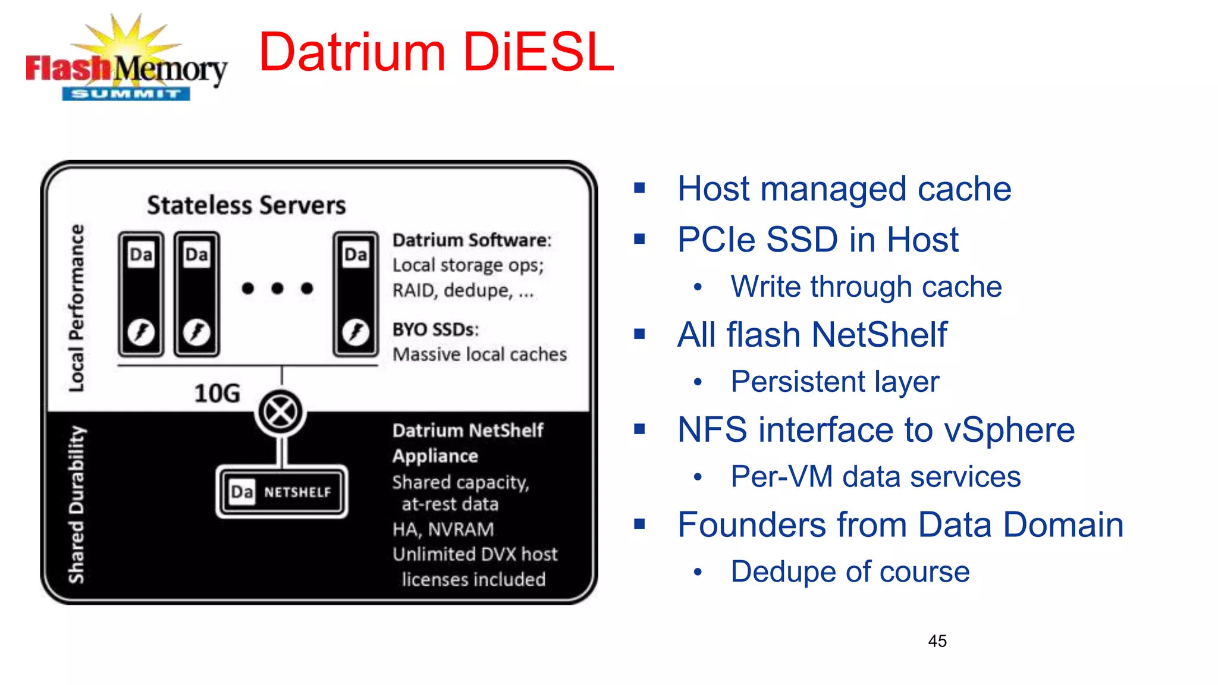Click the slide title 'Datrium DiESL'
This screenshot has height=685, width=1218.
tap(436, 52)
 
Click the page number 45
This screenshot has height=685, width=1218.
tap(937, 641)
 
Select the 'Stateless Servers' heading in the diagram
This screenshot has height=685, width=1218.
tap(246, 205)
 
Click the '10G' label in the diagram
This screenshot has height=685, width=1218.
tap(217, 393)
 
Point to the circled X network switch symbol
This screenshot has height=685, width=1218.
tap(280, 412)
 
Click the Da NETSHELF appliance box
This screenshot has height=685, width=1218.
tap(282, 492)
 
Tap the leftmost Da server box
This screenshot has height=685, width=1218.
tap(141, 294)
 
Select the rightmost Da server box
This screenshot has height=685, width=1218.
tap(356, 294)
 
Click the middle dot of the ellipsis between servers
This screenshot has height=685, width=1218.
tap(277, 288)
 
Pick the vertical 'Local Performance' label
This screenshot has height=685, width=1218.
tap(77, 308)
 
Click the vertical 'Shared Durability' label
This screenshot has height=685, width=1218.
tap(77, 504)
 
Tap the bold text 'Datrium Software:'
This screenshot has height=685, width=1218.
tap(472, 240)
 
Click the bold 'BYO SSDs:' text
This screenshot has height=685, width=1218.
tap(435, 329)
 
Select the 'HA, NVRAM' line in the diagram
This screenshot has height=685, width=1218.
tap(443, 529)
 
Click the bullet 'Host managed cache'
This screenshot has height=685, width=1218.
tap(844, 189)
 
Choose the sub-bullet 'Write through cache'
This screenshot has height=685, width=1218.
tap(866, 287)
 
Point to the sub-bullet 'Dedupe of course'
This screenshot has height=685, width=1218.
tap(850, 572)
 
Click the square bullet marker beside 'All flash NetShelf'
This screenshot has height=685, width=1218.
tap(639, 334)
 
